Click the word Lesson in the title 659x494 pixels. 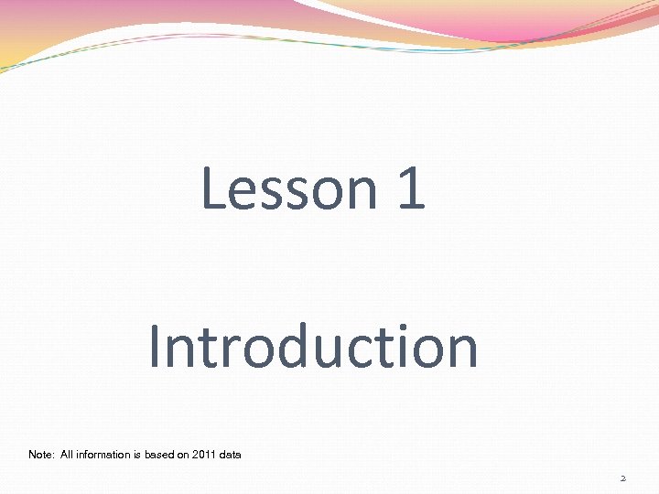click(x=286, y=188)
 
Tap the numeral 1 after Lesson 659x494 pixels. click(x=411, y=188)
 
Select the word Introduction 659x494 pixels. click(x=313, y=347)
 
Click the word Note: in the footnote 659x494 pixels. click(x=41, y=455)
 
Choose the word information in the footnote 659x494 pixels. click(x=106, y=455)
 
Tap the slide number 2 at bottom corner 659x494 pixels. click(x=622, y=478)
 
